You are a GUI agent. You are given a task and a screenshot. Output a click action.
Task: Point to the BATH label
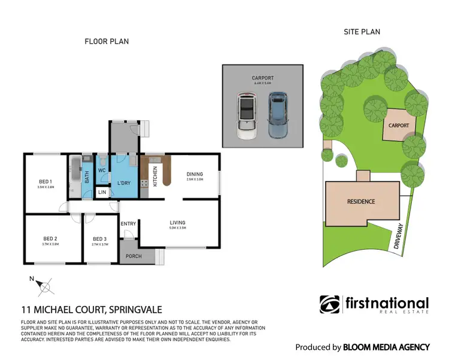(x=87, y=177)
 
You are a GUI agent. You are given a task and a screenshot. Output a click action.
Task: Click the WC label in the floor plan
(x=102, y=170)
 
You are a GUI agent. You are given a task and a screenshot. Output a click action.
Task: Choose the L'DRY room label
(x=124, y=182)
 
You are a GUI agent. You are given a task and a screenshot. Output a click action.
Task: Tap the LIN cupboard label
(x=102, y=192)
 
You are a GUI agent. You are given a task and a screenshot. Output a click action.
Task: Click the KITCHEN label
(x=155, y=176)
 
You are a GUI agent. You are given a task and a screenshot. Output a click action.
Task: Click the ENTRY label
(x=128, y=223)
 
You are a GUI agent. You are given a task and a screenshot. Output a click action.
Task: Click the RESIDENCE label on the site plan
(x=361, y=201)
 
